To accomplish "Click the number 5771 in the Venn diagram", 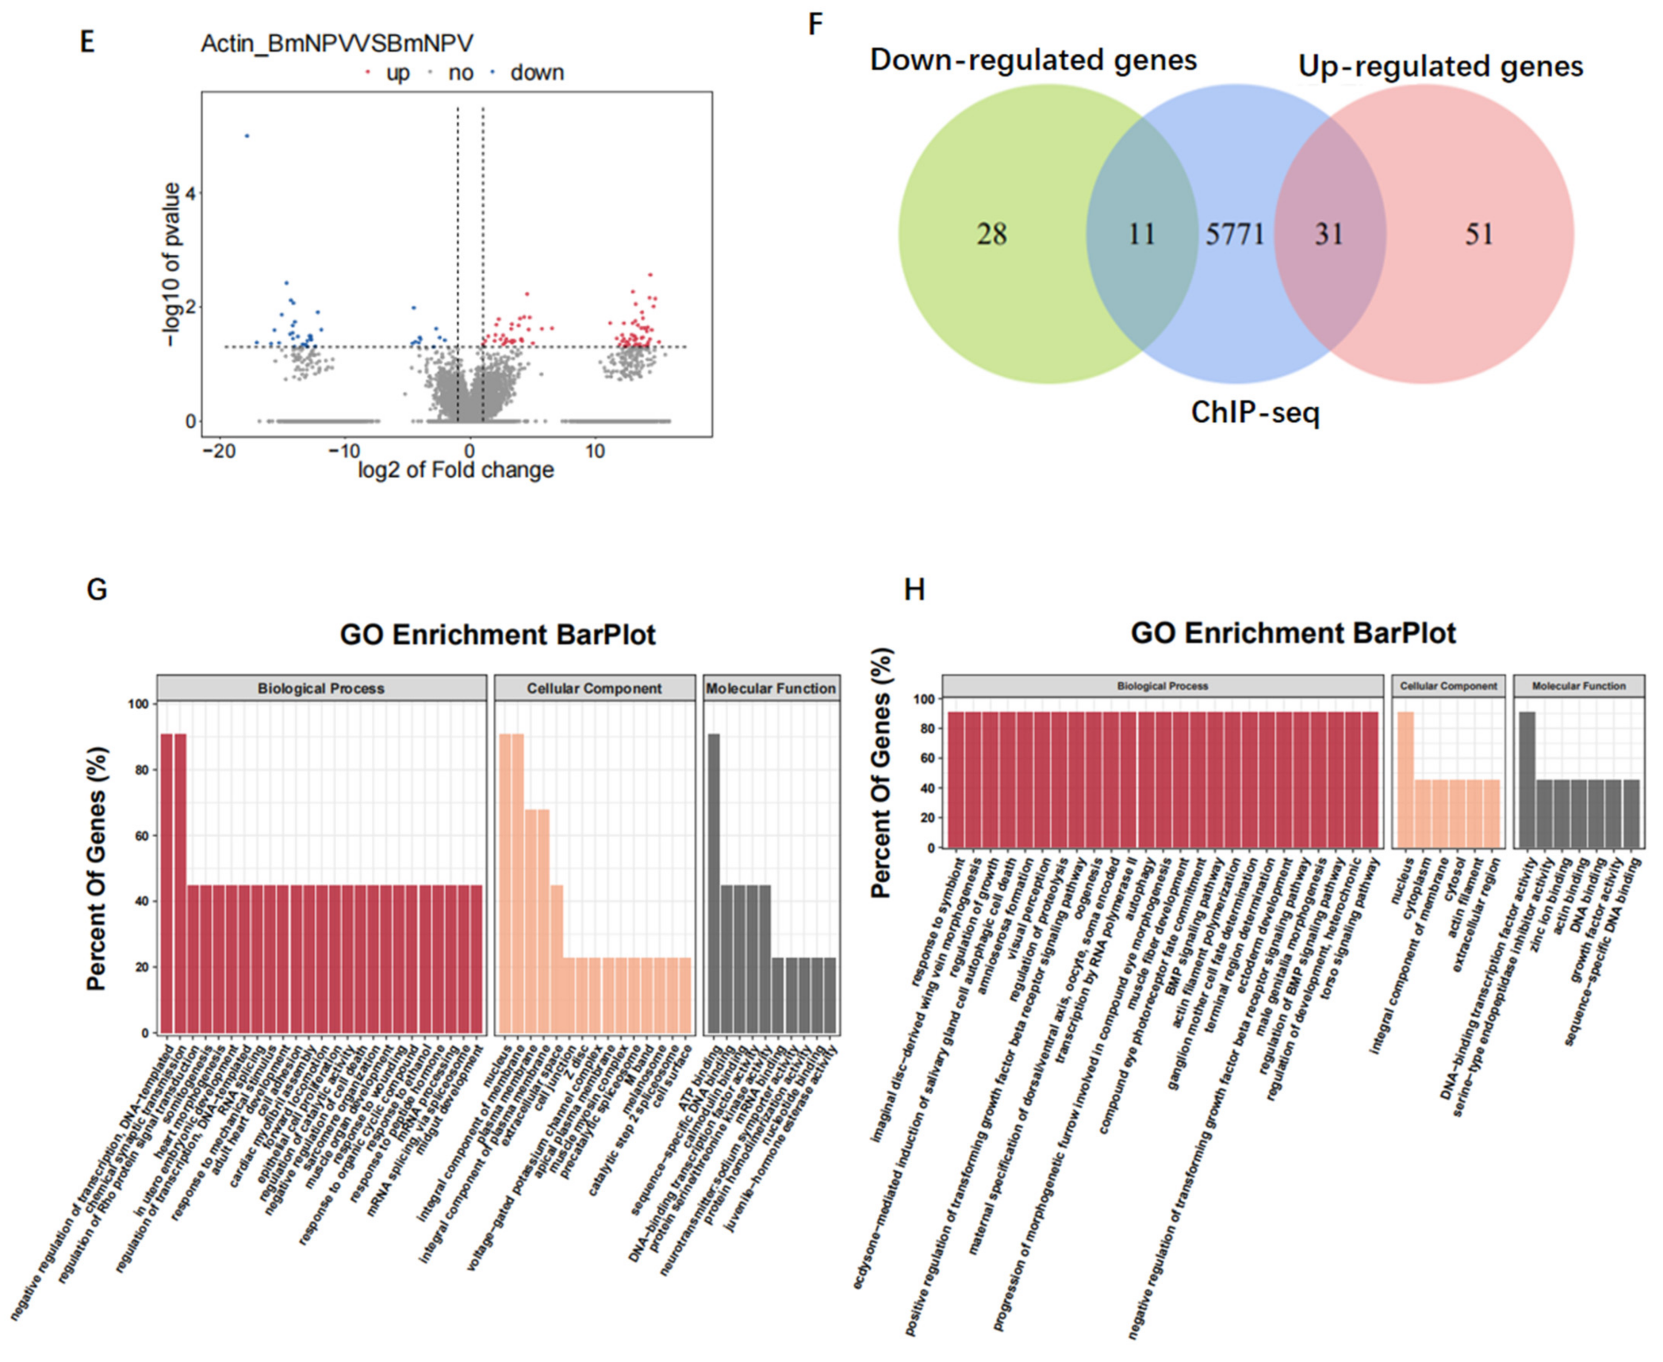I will (x=1235, y=234).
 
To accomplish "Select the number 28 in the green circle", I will (x=991, y=234).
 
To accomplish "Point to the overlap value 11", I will (x=1141, y=234).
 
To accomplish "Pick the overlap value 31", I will (x=1329, y=234).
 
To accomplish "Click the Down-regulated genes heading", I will (x=1033, y=60).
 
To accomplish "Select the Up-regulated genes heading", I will (x=1440, y=66).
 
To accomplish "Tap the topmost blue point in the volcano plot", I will (x=247, y=136).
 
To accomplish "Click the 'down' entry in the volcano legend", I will (x=537, y=73).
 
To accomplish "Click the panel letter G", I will (x=97, y=589).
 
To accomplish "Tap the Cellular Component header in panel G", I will (x=594, y=688).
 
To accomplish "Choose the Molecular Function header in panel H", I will (x=1578, y=686).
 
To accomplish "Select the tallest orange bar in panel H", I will (x=1405, y=779).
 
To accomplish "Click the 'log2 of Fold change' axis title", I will (x=456, y=470).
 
